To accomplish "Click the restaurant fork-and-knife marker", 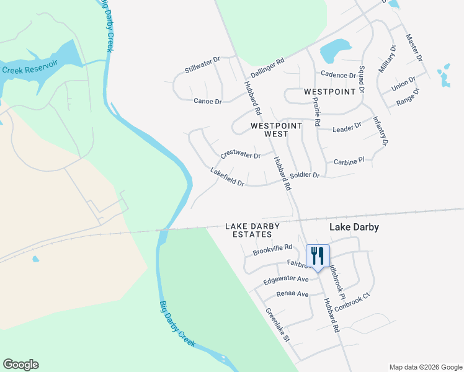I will pyautogui.click(x=318, y=255).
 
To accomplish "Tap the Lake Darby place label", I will pyautogui.click(x=354, y=228).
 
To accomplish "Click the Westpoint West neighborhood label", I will pyautogui.click(x=276, y=130).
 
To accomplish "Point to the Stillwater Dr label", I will pyautogui.click(x=202, y=65).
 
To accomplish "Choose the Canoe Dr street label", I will pyautogui.click(x=207, y=101).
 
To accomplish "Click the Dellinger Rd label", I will pyautogui.click(x=267, y=66).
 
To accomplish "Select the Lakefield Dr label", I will pyautogui.click(x=227, y=177).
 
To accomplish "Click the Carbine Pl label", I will pyautogui.click(x=349, y=162).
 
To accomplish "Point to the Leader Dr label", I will pyautogui.click(x=347, y=127).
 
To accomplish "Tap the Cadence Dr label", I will pyautogui.click(x=337, y=75).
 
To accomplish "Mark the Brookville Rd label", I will pyautogui.click(x=272, y=250).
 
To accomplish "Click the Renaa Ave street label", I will pyautogui.click(x=292, y=293).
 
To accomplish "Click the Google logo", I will pyautogui.click(x=20, y=365).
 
